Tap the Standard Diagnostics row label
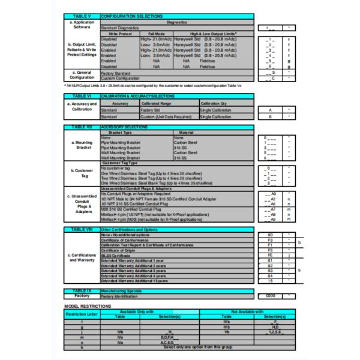120,28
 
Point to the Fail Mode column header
155,34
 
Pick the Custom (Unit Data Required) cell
164,116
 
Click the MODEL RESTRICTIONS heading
88,307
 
